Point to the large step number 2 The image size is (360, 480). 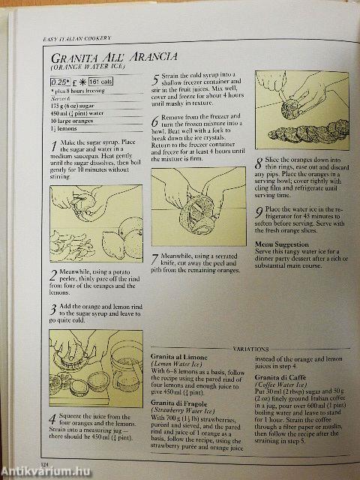(x=54, y=274)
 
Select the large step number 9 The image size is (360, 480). (x=259, y=213)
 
